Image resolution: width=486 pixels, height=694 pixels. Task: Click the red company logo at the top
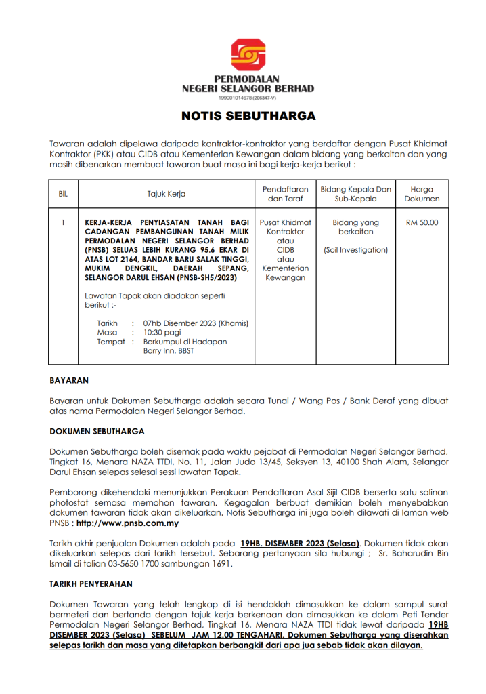click(248, 55)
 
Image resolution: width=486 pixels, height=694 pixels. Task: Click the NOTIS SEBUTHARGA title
click(248, 116)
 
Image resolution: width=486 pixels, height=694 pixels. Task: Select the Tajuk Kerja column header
click(167, 194)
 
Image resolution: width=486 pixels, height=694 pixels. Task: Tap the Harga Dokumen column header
click(422, 194)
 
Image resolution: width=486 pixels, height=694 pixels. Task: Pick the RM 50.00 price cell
click(422, 222)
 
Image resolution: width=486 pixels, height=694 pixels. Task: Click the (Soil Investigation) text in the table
click(355, 250)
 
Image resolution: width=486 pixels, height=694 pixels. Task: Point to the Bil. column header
click(63, 194)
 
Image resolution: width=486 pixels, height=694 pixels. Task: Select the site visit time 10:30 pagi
click(161, 332)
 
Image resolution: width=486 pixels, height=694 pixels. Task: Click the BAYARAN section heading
click(69, 381)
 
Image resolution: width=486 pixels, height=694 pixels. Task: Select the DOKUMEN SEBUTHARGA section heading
click(97, 431)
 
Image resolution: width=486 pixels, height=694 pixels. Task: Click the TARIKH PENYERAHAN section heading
click(91, 583)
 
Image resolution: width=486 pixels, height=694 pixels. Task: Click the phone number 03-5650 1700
click(140, 563)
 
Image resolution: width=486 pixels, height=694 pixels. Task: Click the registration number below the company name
click(248, 98)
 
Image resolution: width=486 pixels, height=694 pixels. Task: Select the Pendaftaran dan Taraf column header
click(284, 194)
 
